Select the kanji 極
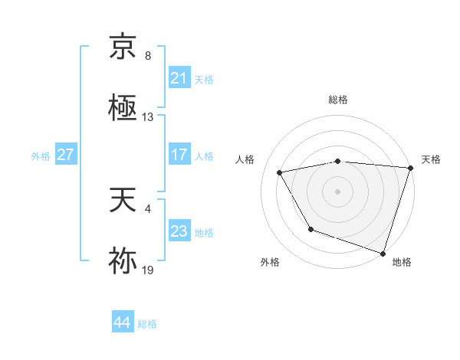point(123,106)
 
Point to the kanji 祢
point(123,260)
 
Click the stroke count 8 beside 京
point(148,56)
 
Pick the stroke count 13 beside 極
point(148,117)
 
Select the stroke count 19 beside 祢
point(148,270)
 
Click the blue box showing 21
point(179,78)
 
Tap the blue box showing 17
point(179,154)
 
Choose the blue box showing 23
point(179,231)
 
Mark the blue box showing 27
point(65,154)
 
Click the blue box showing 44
point(122,322)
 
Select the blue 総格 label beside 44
point(147,324)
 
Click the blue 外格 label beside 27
point(41,155)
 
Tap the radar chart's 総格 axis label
point(338,100)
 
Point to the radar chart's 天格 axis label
point(431,159)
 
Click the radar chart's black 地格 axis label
point(402,262)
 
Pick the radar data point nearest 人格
point(280,173)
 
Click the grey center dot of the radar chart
point(338,191)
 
